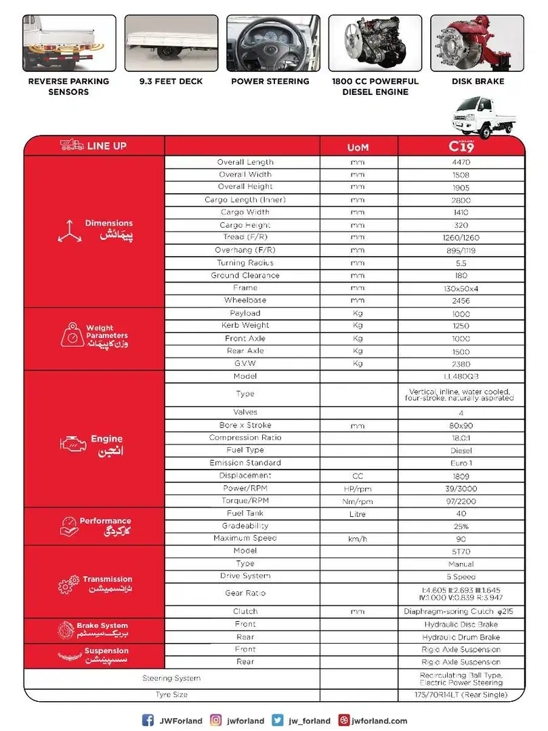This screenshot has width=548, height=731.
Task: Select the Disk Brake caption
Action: (478, 81)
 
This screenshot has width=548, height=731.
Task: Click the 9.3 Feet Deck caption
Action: (171, 81)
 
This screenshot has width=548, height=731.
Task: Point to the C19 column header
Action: (461, 146)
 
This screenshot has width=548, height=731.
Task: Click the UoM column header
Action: (358, 147)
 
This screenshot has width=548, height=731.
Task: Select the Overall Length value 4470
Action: (461, 163)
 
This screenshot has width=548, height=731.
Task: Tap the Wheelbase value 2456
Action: (461, 300)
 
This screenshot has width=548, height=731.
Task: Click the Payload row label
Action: (245, 313)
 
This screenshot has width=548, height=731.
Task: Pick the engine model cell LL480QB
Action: (461, 376)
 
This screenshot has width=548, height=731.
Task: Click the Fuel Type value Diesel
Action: (461, 450)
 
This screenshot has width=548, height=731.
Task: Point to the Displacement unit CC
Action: (358, 476)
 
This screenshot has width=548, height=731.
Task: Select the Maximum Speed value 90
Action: (461, 538)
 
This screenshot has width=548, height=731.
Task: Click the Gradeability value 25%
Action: (461, 526)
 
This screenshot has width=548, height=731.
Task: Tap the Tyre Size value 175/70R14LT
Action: (461, 694)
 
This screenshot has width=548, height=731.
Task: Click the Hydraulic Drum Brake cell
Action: (461, 637)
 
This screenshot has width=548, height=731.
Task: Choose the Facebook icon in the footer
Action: (148, 720)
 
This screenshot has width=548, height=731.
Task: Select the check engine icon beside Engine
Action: (69, 444)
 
